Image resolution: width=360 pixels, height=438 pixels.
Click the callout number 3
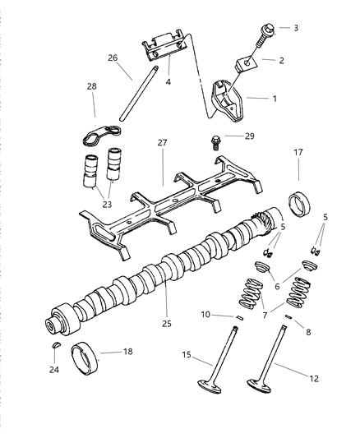click(296, 28)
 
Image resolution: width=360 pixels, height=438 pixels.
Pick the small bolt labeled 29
click(215, 140)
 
